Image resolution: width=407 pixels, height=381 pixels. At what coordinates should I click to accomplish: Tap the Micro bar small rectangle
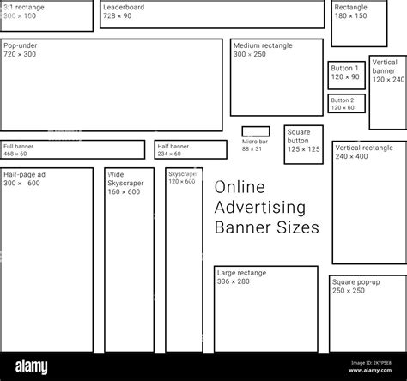pos(255,131)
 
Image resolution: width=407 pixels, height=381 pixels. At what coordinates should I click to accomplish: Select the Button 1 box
pos(346,75)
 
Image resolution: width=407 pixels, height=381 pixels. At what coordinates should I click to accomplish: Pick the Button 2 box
pos(346,103)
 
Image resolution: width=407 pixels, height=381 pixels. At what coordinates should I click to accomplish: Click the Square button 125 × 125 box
pos(304,144)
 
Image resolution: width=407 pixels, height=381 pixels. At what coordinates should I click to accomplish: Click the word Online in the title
pos(240,187)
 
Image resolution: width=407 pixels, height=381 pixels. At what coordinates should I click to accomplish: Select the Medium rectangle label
pos(263,50)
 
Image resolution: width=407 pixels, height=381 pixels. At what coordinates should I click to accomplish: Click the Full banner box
pos(72,150)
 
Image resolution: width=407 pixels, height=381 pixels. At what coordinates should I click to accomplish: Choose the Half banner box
pos(191,150)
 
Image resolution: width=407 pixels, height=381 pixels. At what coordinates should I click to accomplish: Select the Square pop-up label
pos(355,286)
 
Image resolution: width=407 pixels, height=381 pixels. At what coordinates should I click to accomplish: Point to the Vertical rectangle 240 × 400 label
pos(363,152)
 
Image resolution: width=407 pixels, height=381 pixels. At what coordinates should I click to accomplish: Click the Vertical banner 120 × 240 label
pos(388,70)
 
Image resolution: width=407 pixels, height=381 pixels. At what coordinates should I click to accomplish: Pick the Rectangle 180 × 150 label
pos(350,11)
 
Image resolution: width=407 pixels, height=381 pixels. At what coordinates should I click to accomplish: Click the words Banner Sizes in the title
pos(266,227)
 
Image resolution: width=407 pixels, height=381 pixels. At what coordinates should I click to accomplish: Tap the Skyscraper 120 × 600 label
pos(182,178)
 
